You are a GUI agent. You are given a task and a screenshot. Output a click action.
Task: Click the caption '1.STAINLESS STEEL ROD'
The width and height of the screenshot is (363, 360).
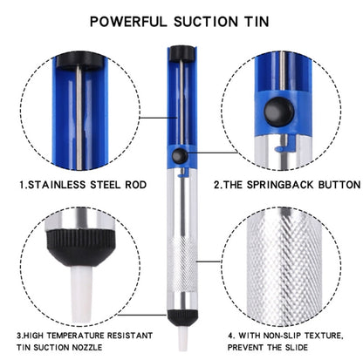pyautogui.click(x=82, y=185)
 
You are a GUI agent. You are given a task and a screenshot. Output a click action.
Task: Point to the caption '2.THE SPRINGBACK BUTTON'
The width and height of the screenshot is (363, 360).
pyautogui.click(x=286, y=185)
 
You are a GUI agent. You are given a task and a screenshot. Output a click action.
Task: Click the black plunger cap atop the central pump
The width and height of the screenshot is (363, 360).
pyautogui.click(x=180, y=54)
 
